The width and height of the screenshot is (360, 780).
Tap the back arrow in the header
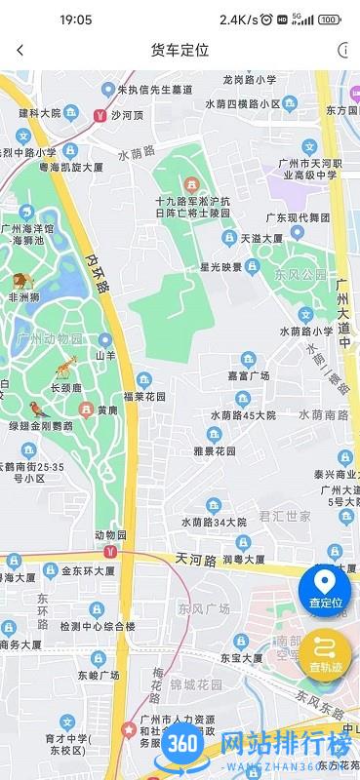pos(20,51)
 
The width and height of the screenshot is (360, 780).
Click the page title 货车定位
pos(180,51)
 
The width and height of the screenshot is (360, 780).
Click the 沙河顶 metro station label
pos(127,114)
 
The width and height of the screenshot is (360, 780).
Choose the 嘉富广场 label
pos(248,375)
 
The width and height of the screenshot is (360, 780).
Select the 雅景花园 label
pos(217,451)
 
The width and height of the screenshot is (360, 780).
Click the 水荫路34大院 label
pos(215,522)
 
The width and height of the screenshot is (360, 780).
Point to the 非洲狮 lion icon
pos(20,283)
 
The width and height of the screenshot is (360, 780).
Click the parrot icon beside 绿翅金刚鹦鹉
pos(36,409)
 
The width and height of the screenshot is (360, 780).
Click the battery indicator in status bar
pos(330,19)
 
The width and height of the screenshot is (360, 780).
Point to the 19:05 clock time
pos(75,19)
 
